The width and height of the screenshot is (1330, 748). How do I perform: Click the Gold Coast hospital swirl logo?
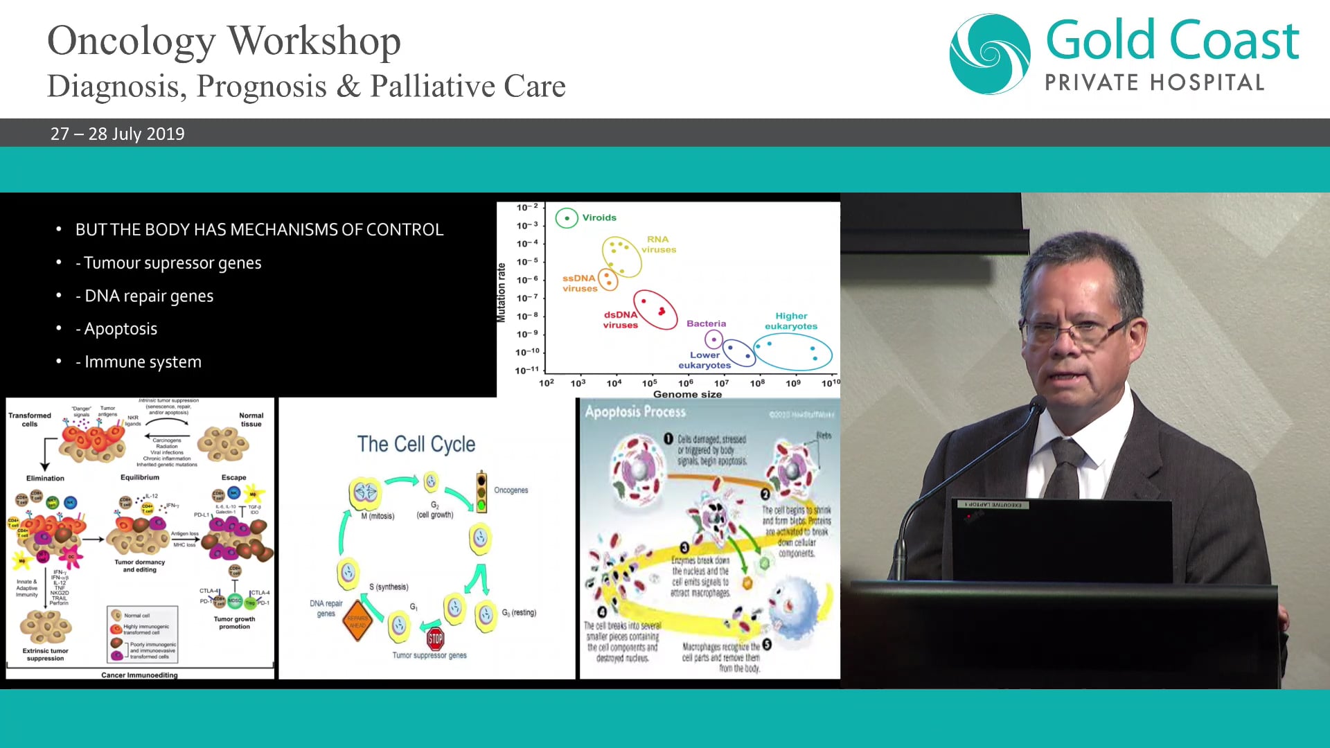[989, 54]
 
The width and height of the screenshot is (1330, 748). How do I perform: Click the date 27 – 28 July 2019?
[117, 134]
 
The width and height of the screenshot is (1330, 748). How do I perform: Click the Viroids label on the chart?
[598, 217]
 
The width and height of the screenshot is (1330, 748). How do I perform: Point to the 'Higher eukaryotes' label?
[790, 321]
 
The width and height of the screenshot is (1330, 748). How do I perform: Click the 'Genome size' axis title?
[687, 394]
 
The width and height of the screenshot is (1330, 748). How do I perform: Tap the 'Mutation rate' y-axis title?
[502, 292]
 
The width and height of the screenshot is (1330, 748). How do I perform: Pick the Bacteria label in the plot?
[706, 323]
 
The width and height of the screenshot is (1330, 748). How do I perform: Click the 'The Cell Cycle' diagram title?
[416, 444]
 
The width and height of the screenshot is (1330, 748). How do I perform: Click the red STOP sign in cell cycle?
[435, 638]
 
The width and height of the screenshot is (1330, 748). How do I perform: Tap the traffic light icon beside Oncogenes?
[481, 491]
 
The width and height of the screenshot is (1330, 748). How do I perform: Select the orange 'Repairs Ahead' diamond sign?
[357, 621]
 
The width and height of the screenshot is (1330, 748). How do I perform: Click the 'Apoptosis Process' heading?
[635, 412]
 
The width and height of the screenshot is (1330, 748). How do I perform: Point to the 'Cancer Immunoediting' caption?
[139, 675]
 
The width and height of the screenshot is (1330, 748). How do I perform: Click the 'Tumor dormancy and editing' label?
[139, 566]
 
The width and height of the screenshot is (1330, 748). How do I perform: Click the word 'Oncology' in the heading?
[131, 42]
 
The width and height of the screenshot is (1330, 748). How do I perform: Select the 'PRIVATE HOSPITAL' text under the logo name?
[1154, 83]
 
